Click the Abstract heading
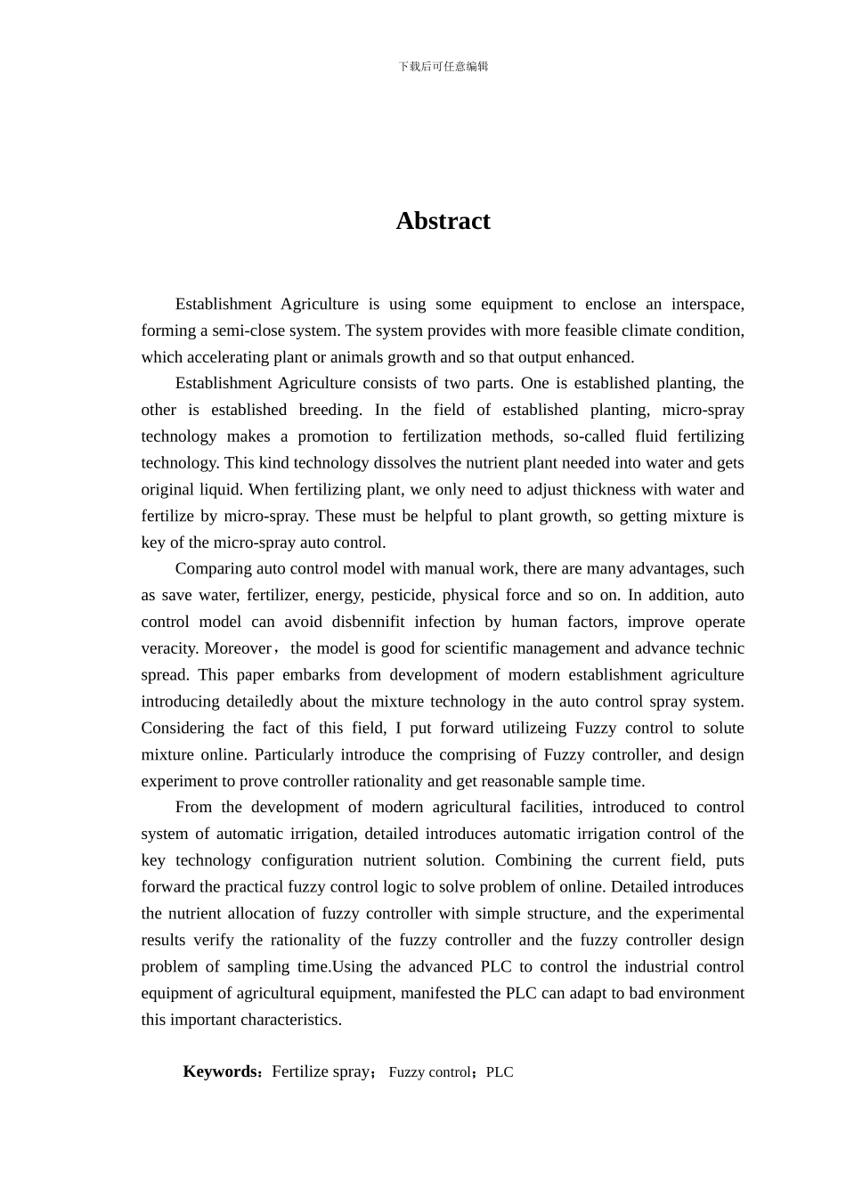point(443,221)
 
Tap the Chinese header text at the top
point(443,67)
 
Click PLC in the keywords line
point(500,1072)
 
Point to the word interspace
point(708,304)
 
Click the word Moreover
point(238,648)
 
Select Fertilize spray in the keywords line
point(321,1071)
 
